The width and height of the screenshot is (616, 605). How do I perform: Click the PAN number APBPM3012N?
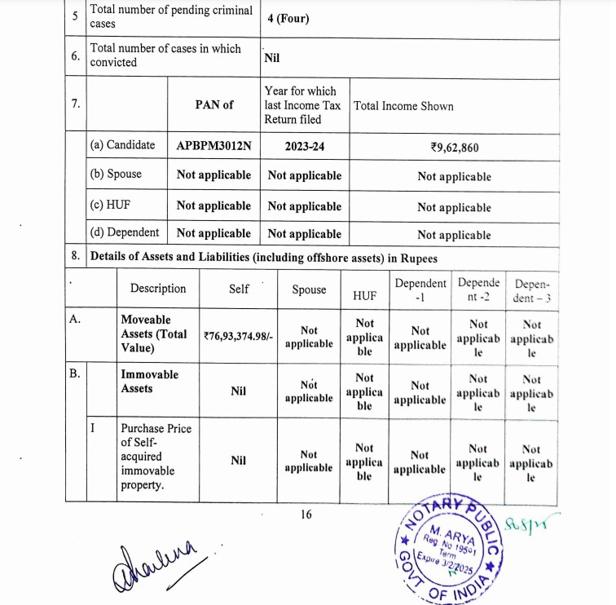[x=213, y=147]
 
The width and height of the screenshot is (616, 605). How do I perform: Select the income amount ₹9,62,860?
[x=455, y=148]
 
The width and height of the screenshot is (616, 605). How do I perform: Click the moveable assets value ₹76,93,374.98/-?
[x=239, y=333]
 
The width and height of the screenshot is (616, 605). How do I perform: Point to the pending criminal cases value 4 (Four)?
[x=288, y=18]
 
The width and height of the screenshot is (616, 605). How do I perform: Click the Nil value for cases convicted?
[x=272, y=58]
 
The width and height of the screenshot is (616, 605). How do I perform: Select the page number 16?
[x=306, y=514]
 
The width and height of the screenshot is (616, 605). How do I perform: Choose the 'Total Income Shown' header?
[x=403, y=106]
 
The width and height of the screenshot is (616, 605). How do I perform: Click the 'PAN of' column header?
[x=213, y=104]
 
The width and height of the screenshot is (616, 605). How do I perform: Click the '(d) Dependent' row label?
[x=125, y=232]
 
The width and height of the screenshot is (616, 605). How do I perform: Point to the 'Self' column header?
[x=239, y=289]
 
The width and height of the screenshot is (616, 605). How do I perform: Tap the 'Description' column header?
[x=158, y=289]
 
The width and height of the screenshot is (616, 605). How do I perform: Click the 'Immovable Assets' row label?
[x=149, y=382]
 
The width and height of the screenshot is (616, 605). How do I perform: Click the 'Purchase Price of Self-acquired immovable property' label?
[x=149, y=457]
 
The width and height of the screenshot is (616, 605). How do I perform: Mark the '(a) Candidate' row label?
[x=122, y=145]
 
